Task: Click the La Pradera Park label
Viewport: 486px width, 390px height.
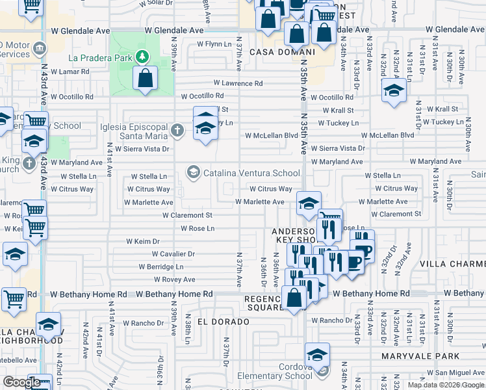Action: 101,57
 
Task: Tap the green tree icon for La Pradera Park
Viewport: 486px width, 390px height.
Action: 142,57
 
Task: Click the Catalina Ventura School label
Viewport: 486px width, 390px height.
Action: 252,173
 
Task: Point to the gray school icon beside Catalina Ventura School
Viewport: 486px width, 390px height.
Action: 193,172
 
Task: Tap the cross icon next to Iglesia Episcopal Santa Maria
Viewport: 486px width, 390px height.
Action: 176,131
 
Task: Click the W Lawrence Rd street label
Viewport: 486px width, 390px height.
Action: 238,83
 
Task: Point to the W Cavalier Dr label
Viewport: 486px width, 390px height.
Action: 173,254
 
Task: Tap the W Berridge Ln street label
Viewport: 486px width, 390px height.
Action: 160,266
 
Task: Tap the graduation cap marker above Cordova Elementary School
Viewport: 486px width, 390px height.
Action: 317,355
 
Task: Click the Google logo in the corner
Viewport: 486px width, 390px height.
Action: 21,382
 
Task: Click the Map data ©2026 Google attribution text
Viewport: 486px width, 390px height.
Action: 446,385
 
